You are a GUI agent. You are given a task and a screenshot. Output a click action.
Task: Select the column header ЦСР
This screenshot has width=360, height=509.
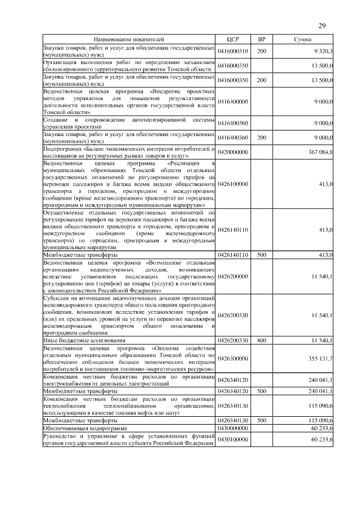coord(233,39)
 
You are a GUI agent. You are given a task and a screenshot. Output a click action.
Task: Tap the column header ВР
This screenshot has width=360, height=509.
coord(262,39)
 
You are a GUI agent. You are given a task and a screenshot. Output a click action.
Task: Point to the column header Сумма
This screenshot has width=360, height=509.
coord(304,39)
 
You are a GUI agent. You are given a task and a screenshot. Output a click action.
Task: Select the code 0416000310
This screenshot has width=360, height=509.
coord(233,51)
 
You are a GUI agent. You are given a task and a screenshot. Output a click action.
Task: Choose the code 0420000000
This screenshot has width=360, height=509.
coord(233,152)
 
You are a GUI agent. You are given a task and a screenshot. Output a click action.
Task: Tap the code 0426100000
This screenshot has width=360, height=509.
coord(233,184)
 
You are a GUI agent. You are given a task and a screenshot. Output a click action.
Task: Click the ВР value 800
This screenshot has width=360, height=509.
coord(262,341)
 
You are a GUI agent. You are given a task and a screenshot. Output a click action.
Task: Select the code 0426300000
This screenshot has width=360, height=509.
coord(233,358)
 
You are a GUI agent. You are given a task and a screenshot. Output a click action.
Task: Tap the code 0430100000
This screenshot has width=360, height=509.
coord(233,440)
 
